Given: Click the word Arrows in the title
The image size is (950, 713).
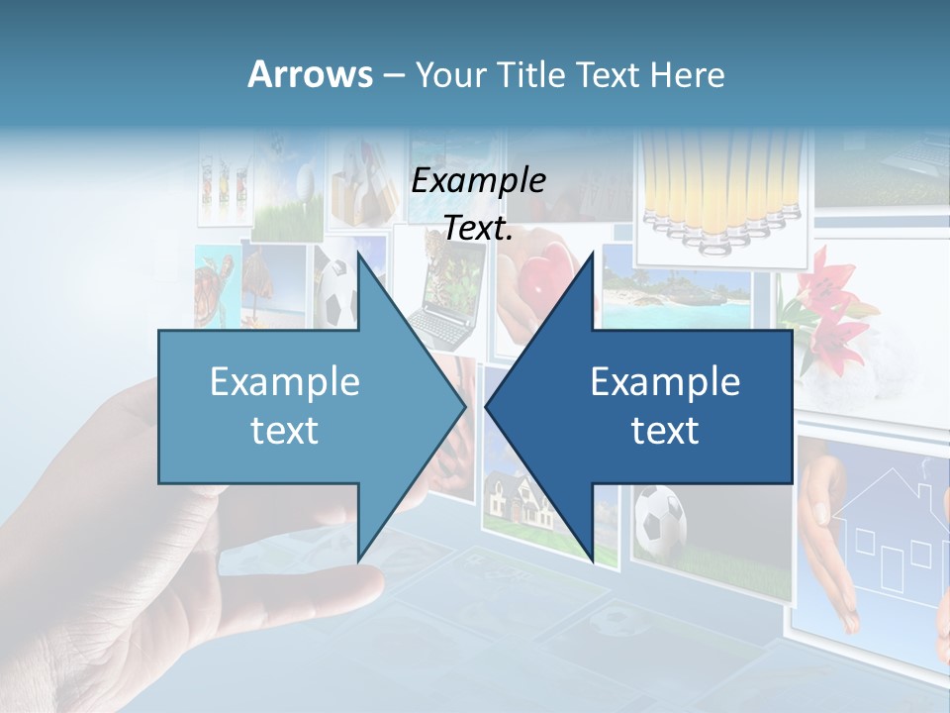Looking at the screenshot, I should (x=310, y=74).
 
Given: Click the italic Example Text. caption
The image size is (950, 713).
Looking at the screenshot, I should (x=479, y=204).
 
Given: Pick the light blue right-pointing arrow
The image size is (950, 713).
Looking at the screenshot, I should (x=297, y=406).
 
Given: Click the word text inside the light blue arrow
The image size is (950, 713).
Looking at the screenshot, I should (x=284, y=431).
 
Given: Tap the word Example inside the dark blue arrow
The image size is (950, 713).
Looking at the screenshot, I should (x=665, y=382).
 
